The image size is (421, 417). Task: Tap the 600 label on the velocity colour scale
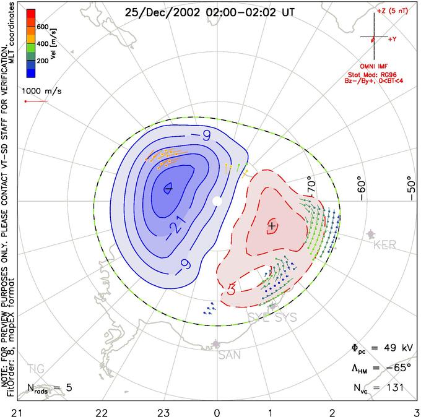[x=42, y=27]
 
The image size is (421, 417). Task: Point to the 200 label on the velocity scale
[x=42, y=62]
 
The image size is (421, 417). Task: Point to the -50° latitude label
[x=409, y=186]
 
